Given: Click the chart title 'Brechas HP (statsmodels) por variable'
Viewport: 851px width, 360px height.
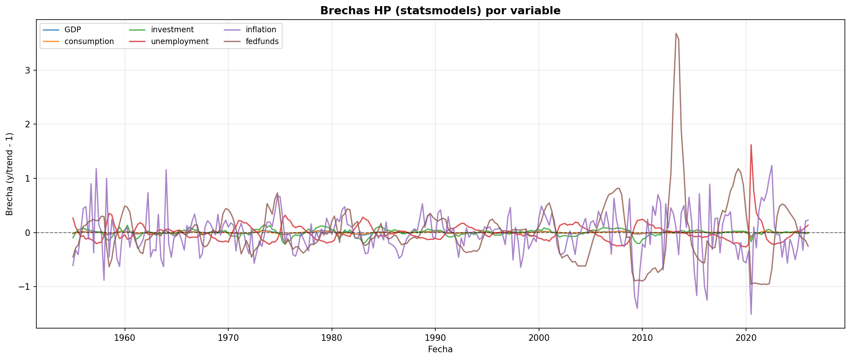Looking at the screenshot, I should point(440,11).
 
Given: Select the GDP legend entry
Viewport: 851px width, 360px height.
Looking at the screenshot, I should point(73,30).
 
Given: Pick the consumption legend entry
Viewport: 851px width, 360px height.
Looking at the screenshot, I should point(89,42).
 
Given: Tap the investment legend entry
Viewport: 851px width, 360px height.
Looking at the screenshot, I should point(172,30).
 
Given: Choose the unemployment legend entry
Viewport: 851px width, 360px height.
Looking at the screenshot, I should point(179,42).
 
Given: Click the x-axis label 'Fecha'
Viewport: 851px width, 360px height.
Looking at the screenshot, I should point(440,350).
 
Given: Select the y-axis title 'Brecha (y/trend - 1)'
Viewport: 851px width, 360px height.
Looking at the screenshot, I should point(10,174).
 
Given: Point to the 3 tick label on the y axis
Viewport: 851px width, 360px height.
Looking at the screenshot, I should point(28,70).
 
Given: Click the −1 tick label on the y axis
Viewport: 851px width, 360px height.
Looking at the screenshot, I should point(25,287).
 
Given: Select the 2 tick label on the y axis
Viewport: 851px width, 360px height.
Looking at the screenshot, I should point(28,124).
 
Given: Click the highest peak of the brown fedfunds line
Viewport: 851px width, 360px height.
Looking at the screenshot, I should point(676,33).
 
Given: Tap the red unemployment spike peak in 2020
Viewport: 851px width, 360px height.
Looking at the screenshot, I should point(751,144).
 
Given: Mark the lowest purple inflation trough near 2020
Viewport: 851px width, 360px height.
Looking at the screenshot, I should point(751,314).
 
